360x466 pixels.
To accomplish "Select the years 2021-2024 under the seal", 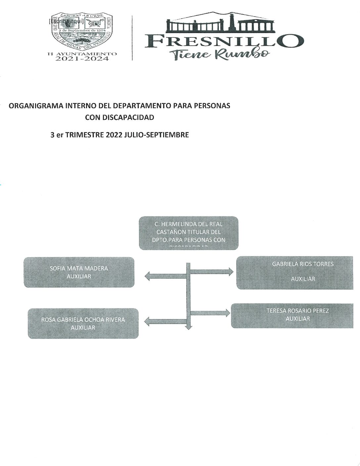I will [x=82, y=59].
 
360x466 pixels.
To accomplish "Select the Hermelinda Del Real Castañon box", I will [x=188, y=233].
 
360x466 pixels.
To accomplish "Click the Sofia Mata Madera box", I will [x=79, y=272].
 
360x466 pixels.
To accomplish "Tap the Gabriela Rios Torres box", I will [x=294, y=272].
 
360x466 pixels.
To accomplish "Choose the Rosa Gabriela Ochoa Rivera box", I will [x=83, y=323].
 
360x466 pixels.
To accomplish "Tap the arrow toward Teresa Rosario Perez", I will [x=210, y=313].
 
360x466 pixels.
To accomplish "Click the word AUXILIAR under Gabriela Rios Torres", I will [x=303, y=279].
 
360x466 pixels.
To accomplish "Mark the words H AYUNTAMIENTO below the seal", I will [x=82, y=53].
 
